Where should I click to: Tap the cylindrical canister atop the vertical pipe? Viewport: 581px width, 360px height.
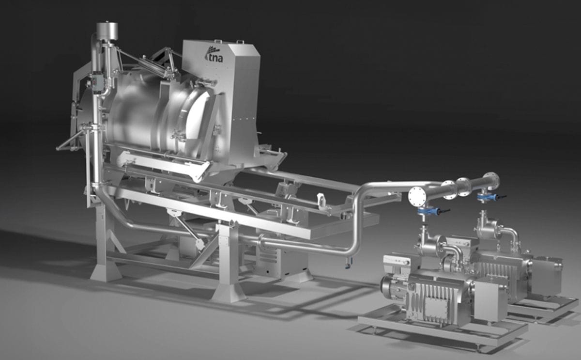[x=107, y=31]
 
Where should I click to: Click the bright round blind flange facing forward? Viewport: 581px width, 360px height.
[x=417, y=196]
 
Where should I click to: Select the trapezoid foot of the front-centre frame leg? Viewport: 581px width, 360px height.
[x=228, y=293]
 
